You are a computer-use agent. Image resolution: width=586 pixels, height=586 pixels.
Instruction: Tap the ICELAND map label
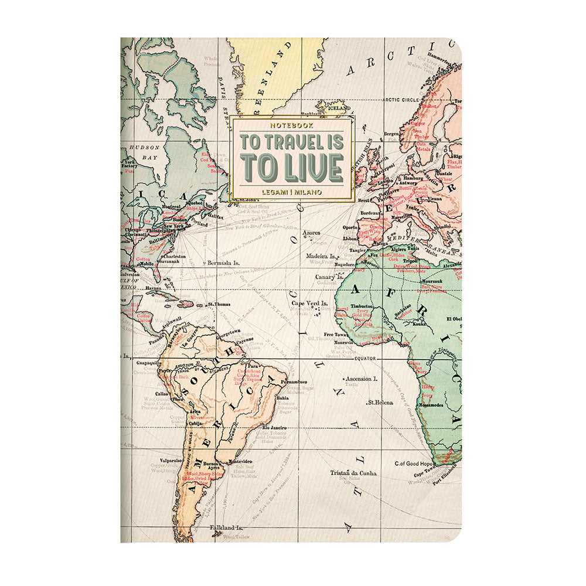point(338,108)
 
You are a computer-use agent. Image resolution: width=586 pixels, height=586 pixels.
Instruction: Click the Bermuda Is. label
point(224,264)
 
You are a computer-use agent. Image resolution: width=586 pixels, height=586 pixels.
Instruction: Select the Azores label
point(311,233)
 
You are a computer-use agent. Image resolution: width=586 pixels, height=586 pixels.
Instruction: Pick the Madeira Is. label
point(320,256)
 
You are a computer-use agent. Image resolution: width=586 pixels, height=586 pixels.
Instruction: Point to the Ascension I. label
point(361,379)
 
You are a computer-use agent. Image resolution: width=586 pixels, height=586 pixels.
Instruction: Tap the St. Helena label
point(379,403)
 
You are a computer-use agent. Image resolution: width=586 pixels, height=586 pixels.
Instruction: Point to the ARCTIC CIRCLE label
point(401,100)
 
